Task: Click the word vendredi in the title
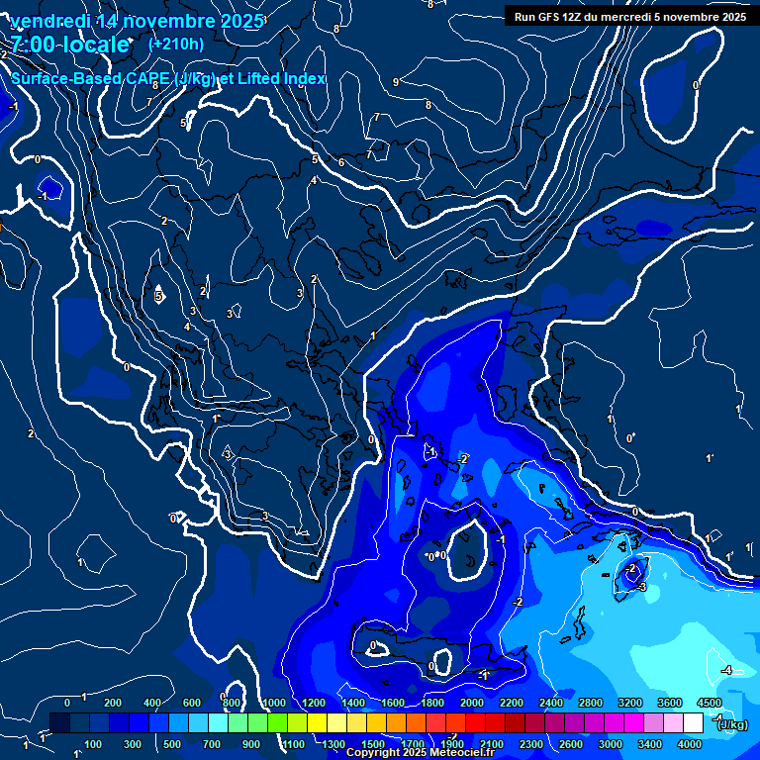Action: click(50, 21)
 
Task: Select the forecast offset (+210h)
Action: click(176, 44)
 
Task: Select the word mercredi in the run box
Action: click(646, 17)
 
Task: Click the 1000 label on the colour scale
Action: click(274, 703)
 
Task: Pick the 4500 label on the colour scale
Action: click(709, 703)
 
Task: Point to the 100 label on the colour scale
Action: click(93, 744)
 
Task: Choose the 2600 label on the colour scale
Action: click(571, 744)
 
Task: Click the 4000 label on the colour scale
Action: click(690, 744)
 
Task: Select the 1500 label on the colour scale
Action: click(373, 744)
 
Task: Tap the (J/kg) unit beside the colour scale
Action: click(732, 725)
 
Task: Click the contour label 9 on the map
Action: click(396, 82)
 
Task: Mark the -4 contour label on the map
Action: click(725, 670)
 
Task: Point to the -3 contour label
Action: click(641, 587)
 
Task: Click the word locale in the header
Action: click(99, 45)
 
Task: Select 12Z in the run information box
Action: click(579, 17)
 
